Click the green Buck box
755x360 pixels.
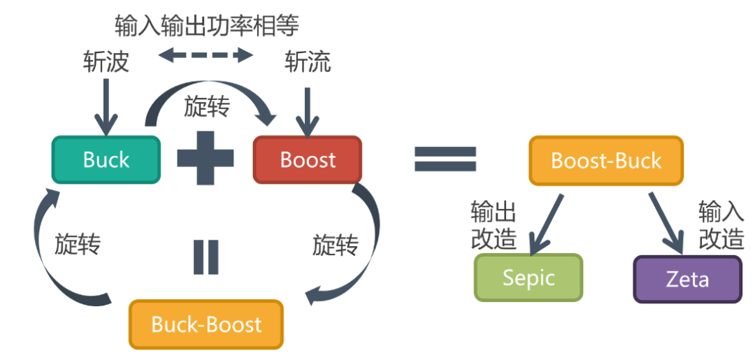(x=106, y=159)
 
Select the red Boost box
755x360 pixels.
(x=308, y=159)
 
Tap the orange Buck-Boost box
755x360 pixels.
(x=206, y=324)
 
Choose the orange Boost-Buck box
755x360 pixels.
(x=605, y=160)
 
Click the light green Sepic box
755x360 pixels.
(x=528, y=278)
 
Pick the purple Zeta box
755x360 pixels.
(x=687, y=280)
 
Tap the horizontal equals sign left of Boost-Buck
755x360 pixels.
(x=445, y=159)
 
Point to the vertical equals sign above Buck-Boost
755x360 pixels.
(x=206, y=257)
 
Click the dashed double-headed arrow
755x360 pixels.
(x=205, y=55)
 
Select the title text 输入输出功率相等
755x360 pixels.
(x=207, y=25)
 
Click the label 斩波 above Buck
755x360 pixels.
(x=106, y=62)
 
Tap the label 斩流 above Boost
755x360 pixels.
(x=308, y=62)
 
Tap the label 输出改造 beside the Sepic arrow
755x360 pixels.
(x=494, y=224)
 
